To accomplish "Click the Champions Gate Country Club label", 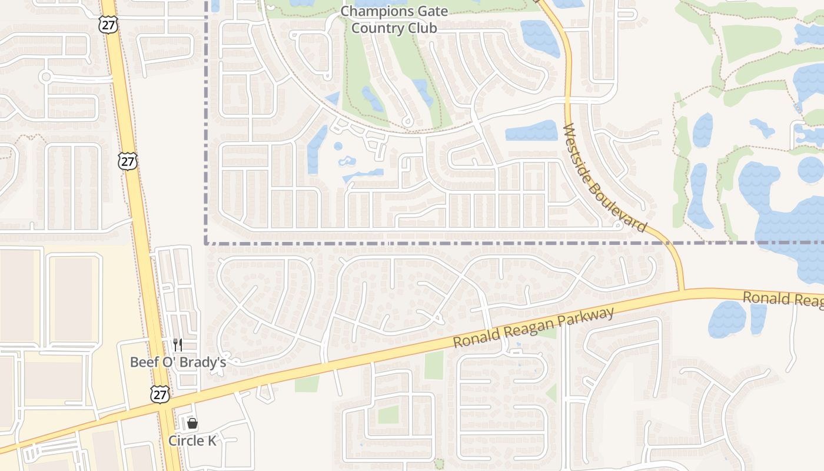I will click(394, 19).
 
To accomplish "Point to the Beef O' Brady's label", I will click(178, 362).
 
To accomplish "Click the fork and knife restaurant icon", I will click(177, 344).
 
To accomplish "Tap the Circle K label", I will click(192, 440).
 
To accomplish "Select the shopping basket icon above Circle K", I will click(192, 423).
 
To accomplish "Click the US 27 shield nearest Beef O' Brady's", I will click(160, 394).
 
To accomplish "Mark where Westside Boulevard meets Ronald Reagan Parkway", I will click(682, 291).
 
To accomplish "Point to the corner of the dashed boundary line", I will click(205, 243).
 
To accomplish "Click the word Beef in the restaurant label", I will click(143, 362).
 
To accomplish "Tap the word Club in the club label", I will click(424, 28).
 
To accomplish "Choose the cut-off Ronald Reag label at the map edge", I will click(783, 300).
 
